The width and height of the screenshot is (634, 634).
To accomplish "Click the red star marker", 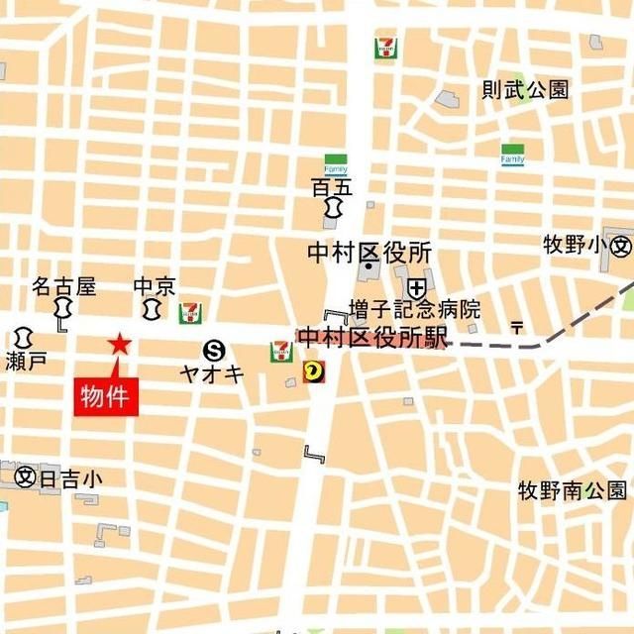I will pyautogui.click(x=120, y=344).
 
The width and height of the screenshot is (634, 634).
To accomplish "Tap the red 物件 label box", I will pyautogui.click(x=107, y=396).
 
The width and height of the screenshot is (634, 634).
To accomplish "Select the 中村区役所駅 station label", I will pyautogui.click(x=373, y=338).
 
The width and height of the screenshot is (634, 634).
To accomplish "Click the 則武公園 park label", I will pyautogui.click(x=525, y=90).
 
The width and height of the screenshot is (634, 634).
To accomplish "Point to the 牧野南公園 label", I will pyautogui.click(x=573, y=490).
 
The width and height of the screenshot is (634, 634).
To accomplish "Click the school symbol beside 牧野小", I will pyautogui.click(x=621, y=245).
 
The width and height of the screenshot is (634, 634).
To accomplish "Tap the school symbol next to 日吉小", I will pyautogui.click(x=26, y=477).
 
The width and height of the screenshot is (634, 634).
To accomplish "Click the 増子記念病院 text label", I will pyautogui.click(x=414, y=309).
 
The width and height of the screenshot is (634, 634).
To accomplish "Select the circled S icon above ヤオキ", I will pyautogui.click(x=214, y=350).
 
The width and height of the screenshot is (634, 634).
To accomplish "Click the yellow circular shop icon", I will pyautogui.click(x=314, y=372).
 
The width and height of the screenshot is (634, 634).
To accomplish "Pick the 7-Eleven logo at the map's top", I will pyautogui.click(x=385, y=47).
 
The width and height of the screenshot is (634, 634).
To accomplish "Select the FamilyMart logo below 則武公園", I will pyautogui.click(x=512, y=155).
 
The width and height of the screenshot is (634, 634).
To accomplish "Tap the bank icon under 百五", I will pyautogui.click(x=333, y=208).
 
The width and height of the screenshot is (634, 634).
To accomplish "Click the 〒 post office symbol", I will pyautogui.click(x=516, y=326).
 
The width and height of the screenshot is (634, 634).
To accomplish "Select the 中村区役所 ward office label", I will pyautogui.click(x=369, y=253).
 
